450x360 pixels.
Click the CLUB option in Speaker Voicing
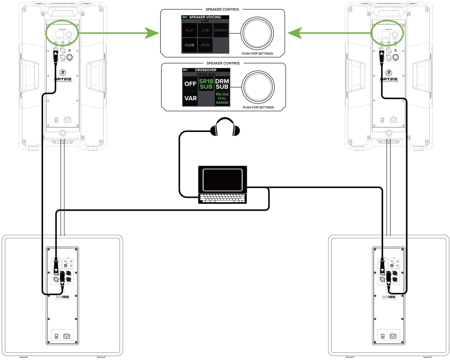[189, 45]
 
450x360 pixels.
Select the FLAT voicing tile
[189, 30]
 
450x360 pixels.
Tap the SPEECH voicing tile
[221, 30]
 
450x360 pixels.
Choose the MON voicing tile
[205, 45]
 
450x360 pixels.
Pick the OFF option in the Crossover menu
[190, 84]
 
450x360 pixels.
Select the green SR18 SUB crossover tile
[206, 84]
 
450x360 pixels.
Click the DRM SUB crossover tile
[222, 84]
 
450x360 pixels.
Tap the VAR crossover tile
[190, 99]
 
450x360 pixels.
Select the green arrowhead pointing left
[294, 33]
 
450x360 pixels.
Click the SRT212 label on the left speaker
[63, 79]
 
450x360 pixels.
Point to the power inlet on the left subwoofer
[67, 336]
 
